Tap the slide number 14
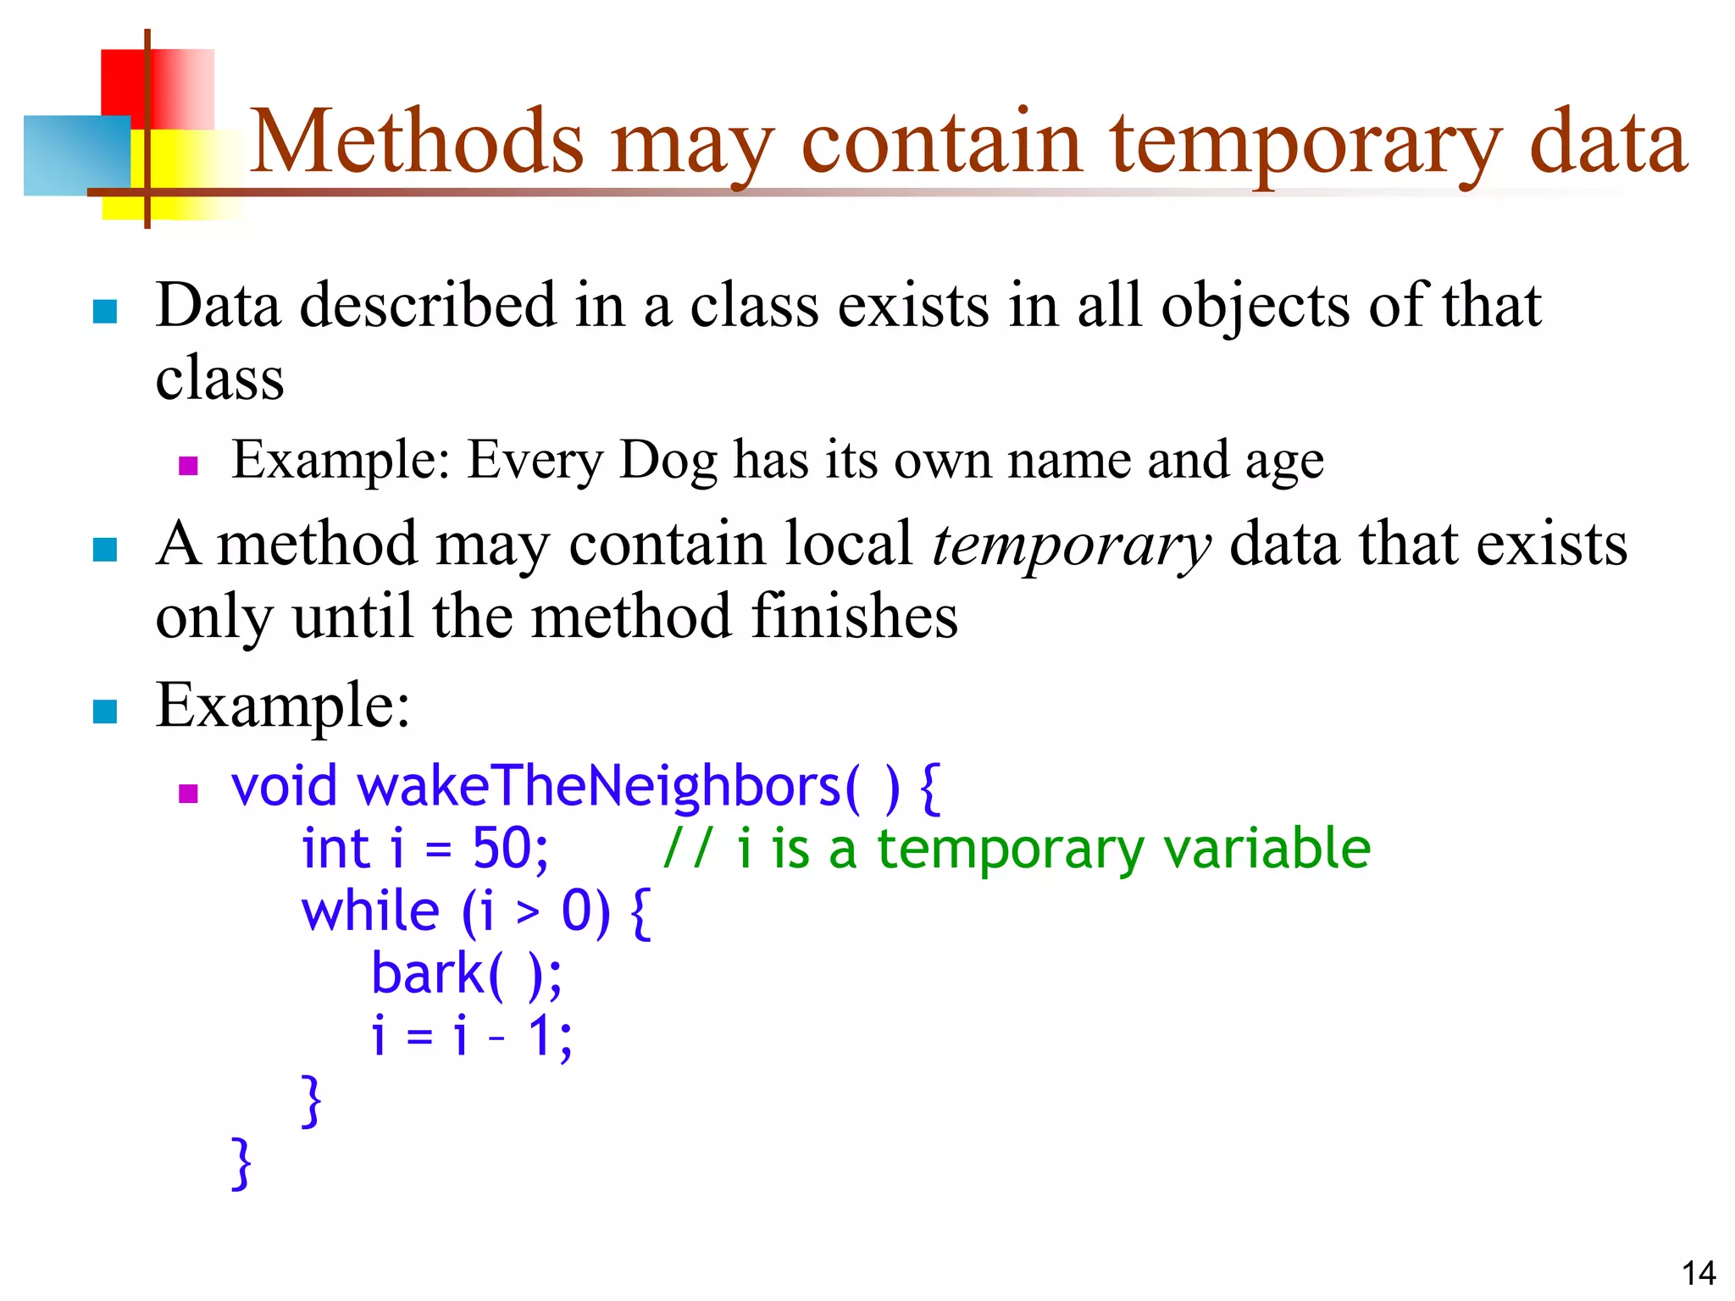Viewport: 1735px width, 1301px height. click(1698, 1273)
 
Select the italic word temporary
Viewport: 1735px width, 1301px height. click(1071, 545)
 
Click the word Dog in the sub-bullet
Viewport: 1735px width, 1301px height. click(668, 462)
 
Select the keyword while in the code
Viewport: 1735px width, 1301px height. click(370, 912)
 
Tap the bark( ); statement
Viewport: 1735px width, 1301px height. click(467, 974)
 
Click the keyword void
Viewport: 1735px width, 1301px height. click(284, 786)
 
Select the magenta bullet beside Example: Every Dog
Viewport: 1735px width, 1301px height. click(188, 466)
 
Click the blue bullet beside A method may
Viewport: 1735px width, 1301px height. click(104, 550)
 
